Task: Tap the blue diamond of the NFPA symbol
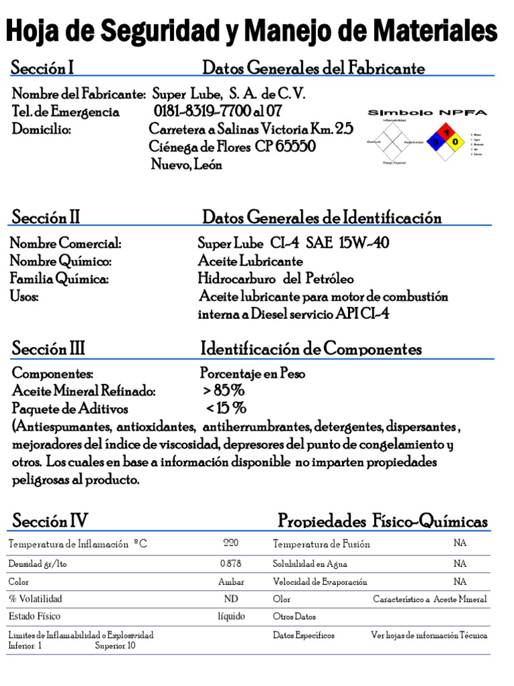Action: [436, 142]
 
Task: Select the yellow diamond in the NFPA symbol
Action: [456, 142]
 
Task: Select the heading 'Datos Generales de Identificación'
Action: [322, 218]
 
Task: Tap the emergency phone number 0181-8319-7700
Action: [207, 111]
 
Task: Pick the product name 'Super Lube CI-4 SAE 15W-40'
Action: [293, 243]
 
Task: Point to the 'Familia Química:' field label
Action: [60, 278]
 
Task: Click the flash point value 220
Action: [230, 543]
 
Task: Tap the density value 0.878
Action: [230, 563]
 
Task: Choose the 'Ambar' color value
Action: [231, 581]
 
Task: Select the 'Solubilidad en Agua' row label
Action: [310, 563]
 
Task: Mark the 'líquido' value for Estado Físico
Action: [231, 616]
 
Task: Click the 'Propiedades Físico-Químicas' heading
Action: [382, 521]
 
